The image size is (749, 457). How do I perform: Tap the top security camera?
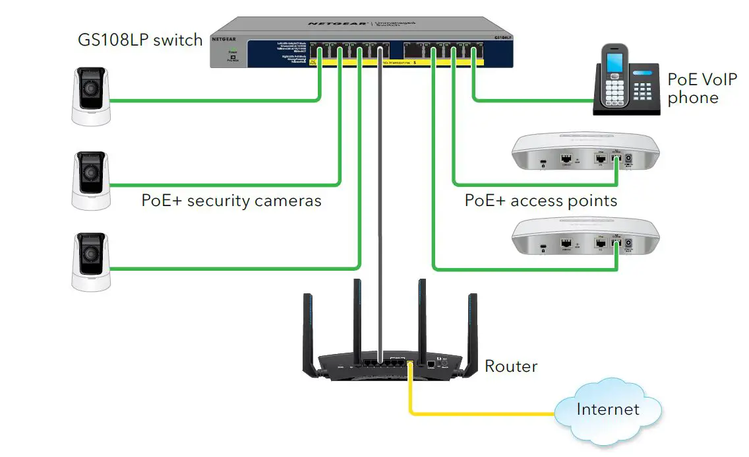[x=91, y=96]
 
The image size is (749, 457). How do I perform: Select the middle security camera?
[x=91, y=180]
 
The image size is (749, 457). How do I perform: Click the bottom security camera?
[x=91, y=260]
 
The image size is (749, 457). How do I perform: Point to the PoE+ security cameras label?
[x=231, y=200]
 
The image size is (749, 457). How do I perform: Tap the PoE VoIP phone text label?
[x=692, y=88]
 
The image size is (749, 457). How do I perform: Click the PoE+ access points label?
[x=541, y=200]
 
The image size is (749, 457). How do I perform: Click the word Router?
[x=511, y=365]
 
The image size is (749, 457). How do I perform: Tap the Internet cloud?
[x=607, y=409]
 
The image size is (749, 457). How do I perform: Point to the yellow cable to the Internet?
[x=481, y=414]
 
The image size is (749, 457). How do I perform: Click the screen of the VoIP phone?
[x=614, y=64]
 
